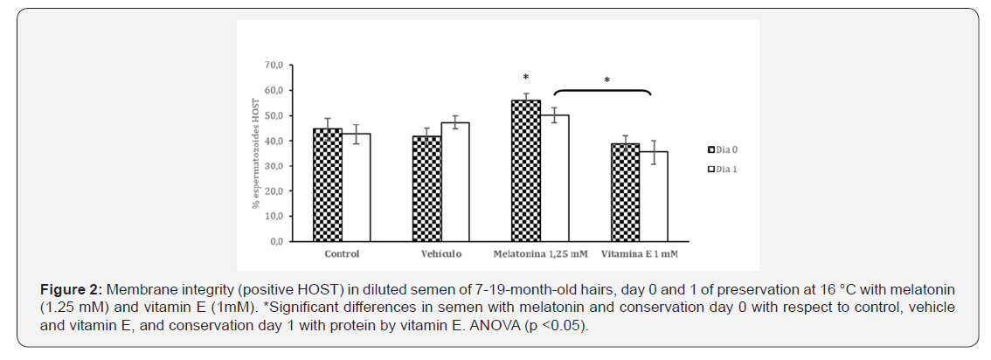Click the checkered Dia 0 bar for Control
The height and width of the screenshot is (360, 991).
point(328,184)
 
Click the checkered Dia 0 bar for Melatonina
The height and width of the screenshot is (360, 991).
point(526,170)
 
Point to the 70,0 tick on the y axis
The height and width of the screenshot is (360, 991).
point(273,66)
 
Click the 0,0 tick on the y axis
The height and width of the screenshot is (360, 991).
point(275,241)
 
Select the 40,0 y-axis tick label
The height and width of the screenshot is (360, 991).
point(273,141)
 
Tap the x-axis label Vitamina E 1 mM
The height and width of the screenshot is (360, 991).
point(641,254)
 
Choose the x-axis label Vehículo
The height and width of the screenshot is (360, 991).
point(441,254)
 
